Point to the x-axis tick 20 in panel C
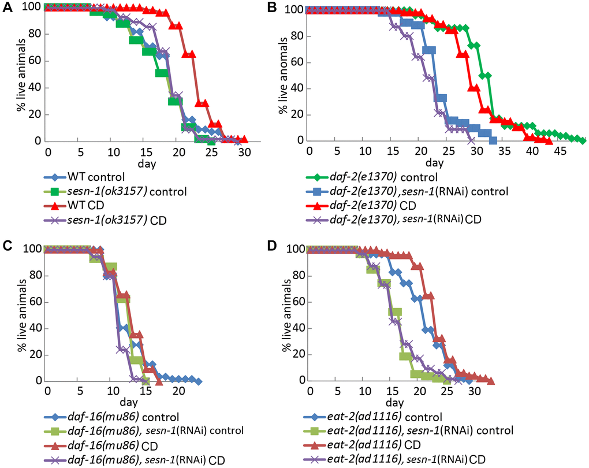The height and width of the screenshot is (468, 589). tap(179, 391)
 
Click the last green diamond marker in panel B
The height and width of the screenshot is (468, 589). tap(582, 140)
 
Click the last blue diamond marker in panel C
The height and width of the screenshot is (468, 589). tap(199, 381)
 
